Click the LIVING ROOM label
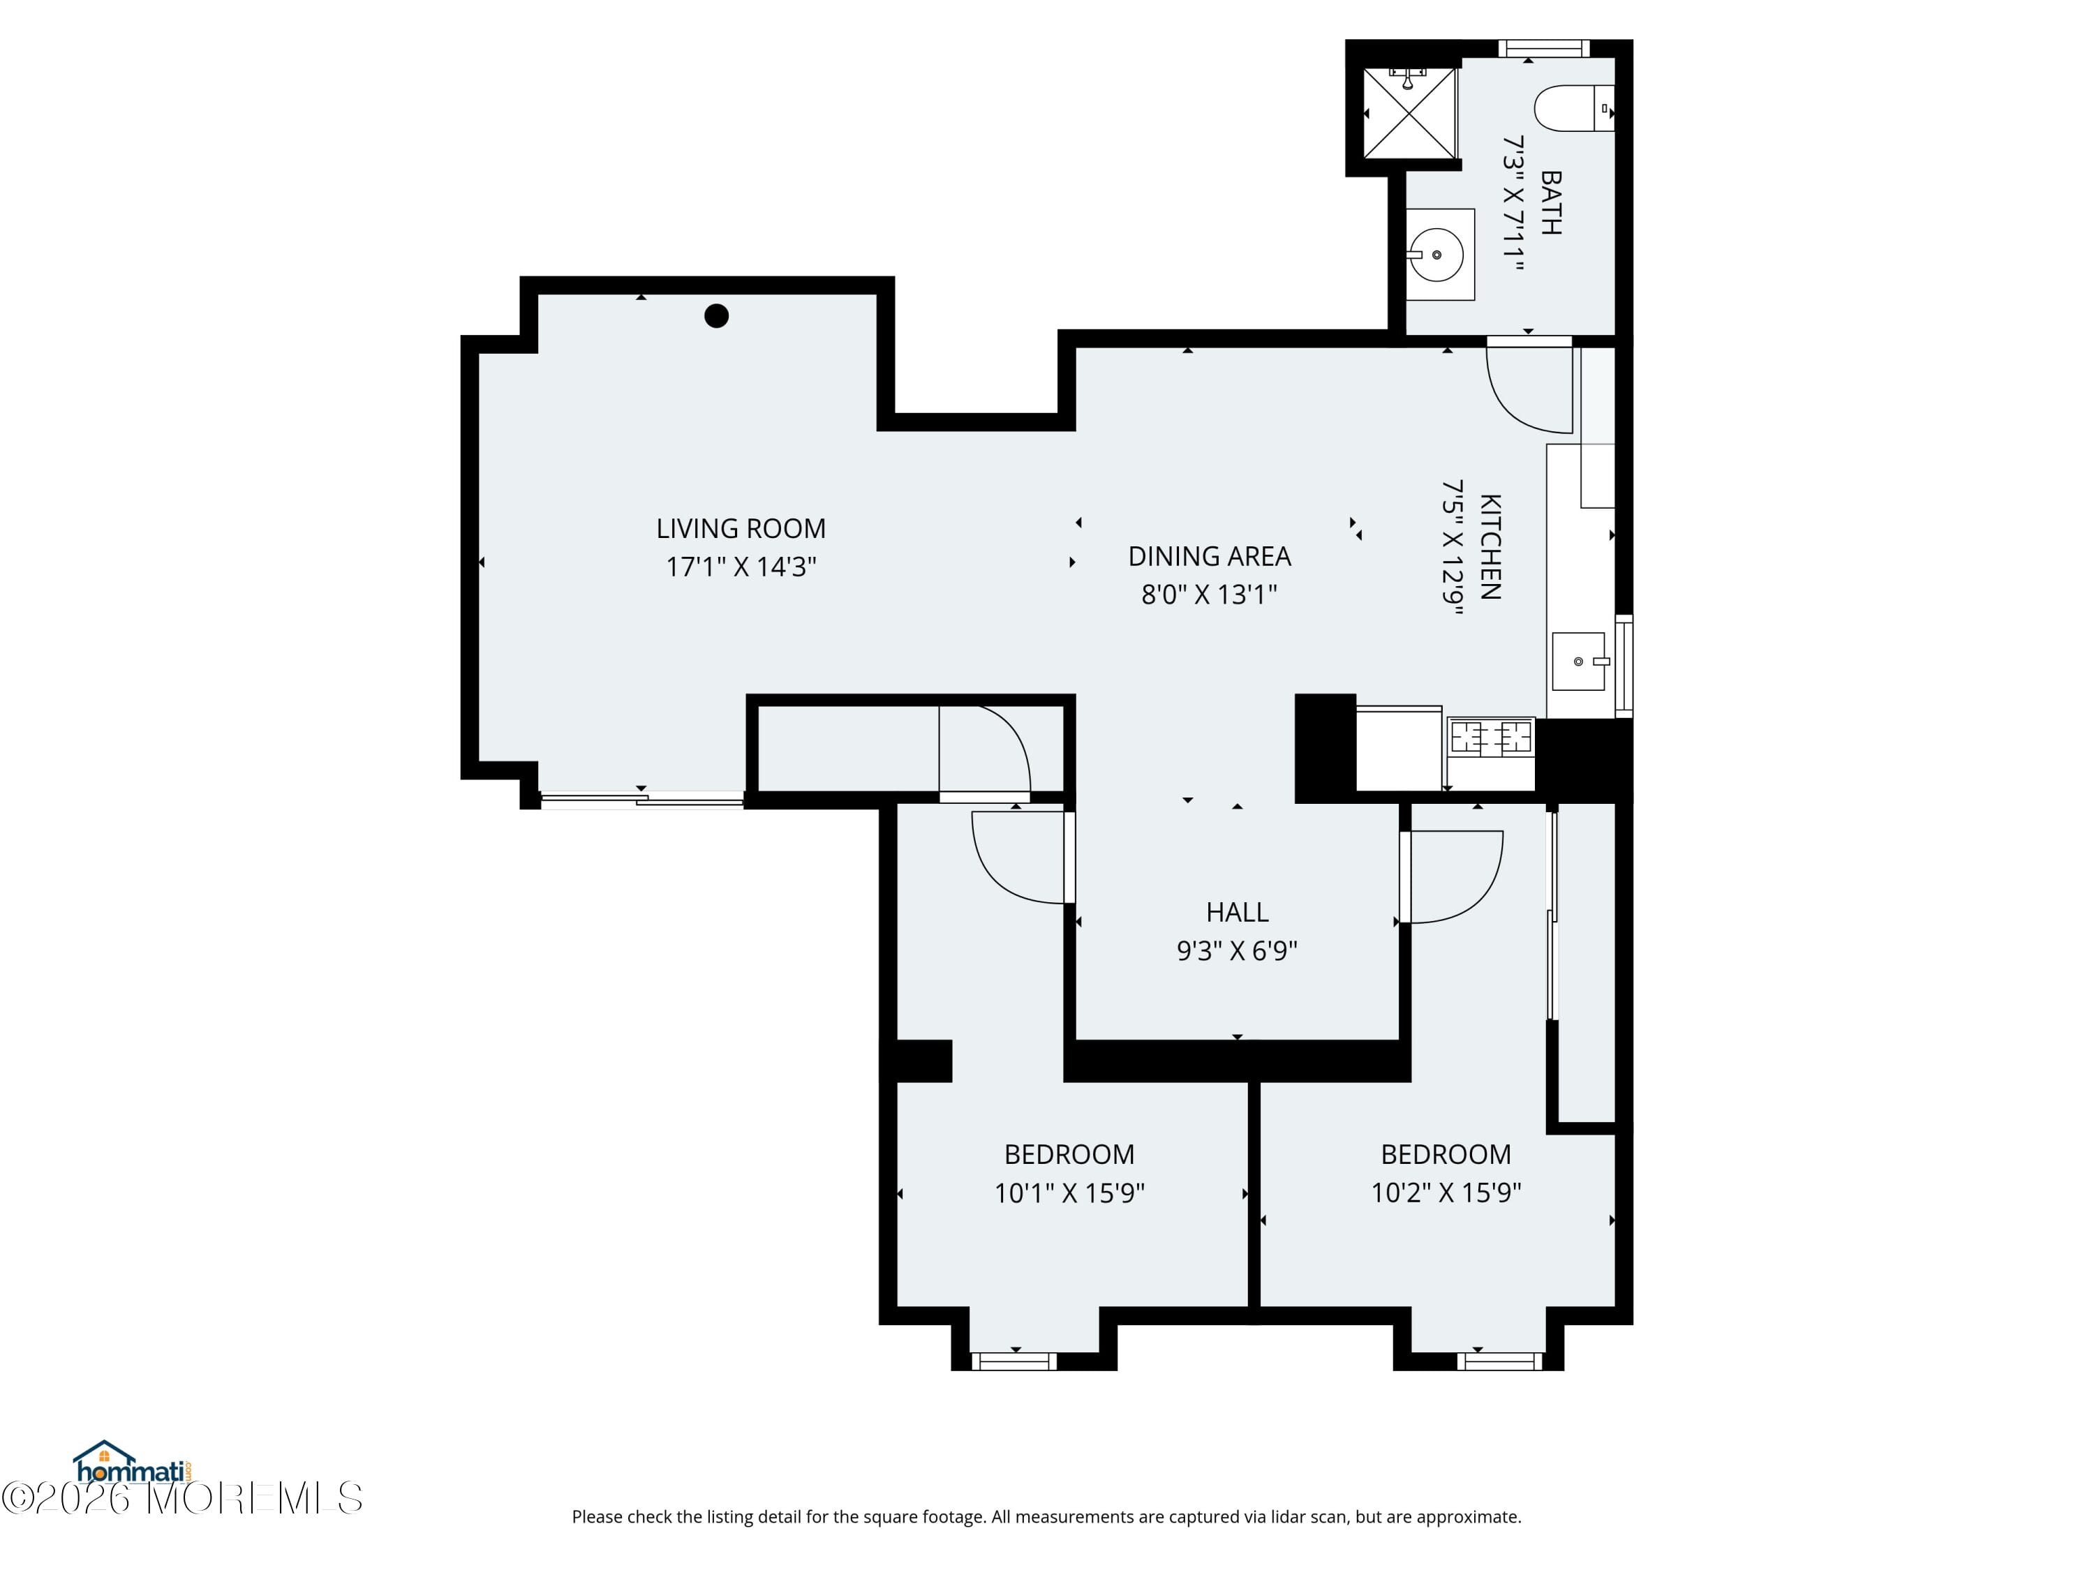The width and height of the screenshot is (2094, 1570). point(741,528)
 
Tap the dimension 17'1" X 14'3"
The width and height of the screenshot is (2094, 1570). point(741,567)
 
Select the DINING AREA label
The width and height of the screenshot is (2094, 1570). point(1209,556)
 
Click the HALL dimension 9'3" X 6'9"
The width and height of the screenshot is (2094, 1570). point(1236,950)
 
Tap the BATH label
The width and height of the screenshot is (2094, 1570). point(1551,202)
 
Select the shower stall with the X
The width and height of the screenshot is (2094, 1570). point(1409,114)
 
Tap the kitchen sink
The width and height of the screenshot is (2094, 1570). point(1578,661)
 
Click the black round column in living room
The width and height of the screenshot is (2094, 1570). point(717,316)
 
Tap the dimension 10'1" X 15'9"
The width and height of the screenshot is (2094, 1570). point(1069,1193)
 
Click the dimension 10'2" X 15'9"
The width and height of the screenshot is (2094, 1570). point(1446,1193)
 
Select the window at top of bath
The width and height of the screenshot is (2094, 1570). point(1543,48)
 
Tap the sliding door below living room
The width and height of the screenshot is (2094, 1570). point(642,800)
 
